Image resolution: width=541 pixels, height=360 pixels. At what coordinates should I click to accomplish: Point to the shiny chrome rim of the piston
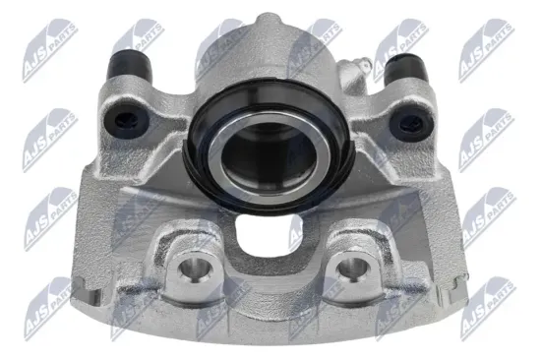[224, 157]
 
